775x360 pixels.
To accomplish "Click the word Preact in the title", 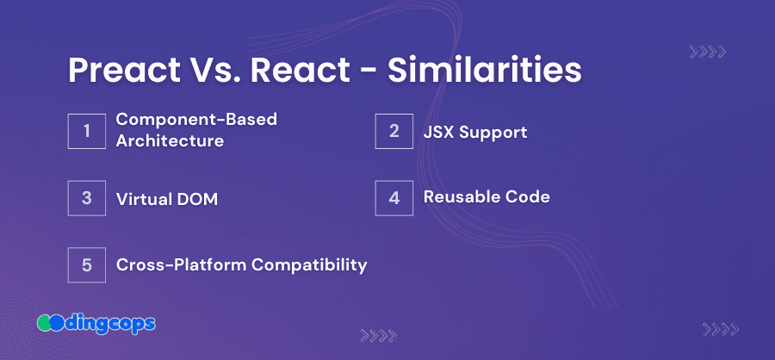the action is (124, 71).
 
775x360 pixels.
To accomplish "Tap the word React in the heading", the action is (300, 70).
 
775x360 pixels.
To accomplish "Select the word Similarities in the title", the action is (484, 70).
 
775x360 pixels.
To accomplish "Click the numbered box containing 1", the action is (86, 131).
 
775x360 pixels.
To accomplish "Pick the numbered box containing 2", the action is (394, 131).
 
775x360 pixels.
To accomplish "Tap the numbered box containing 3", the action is (86, 198).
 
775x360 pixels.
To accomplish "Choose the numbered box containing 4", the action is (394, 198).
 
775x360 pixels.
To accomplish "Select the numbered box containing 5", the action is (86, 264).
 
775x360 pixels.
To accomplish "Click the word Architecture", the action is (170, 141).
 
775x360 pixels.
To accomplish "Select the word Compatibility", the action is (309, 265).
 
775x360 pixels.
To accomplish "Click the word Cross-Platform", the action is (182, 265).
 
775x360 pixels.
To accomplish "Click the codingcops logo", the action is (96, 324).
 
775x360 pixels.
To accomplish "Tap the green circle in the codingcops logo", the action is (44, 324).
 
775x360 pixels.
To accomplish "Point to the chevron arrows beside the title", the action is (708, 52).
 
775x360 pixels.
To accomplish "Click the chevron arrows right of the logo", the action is (379, 336).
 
